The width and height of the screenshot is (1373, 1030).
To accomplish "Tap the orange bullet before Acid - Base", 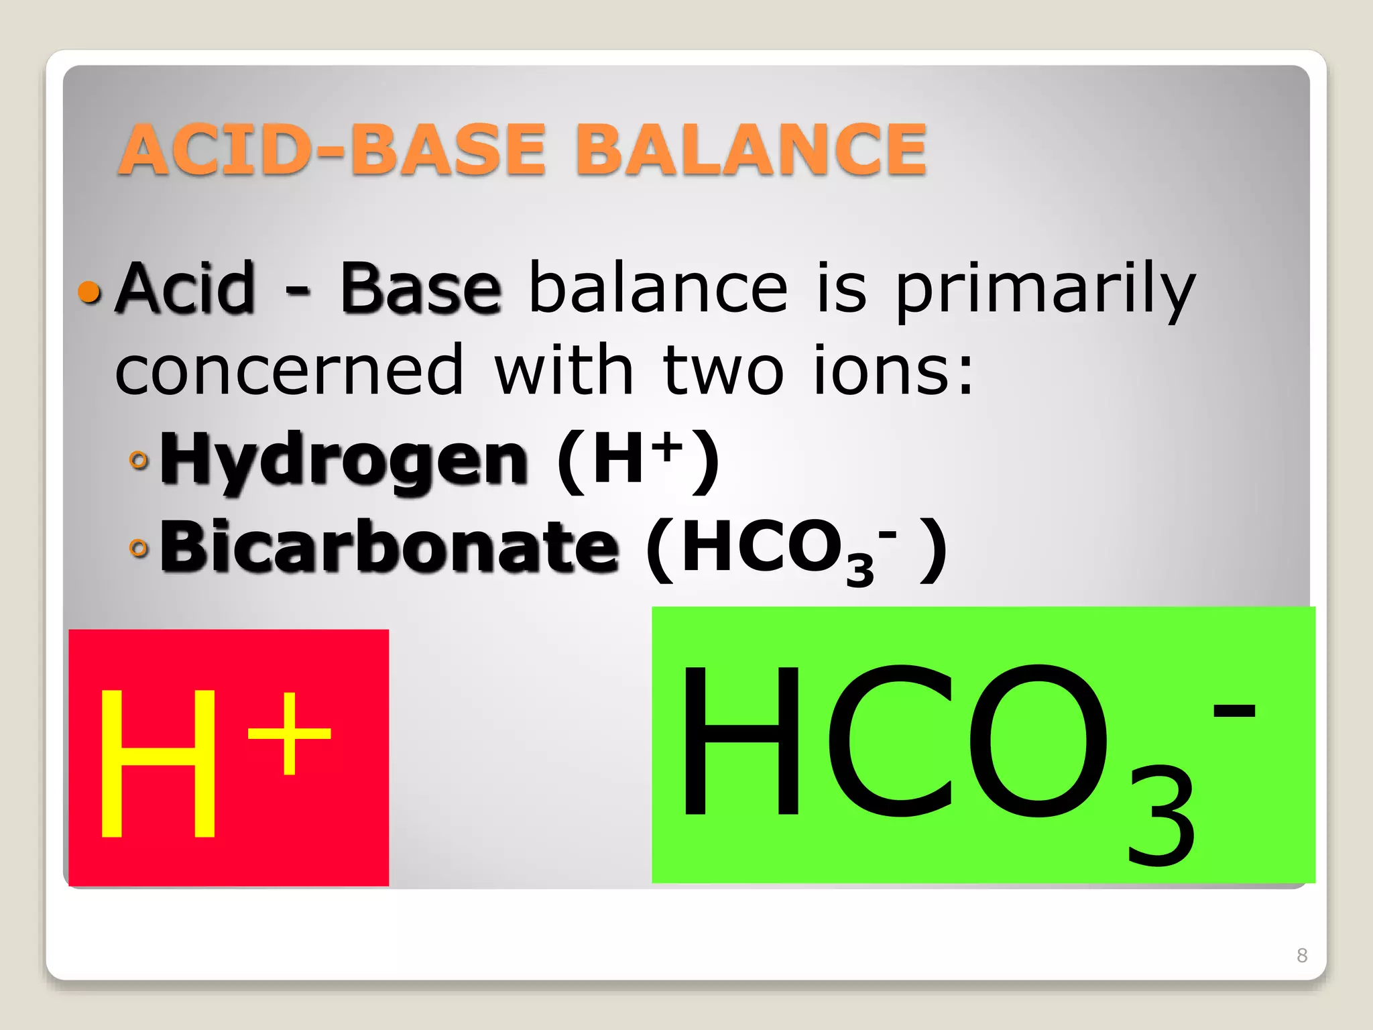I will coord(89,292).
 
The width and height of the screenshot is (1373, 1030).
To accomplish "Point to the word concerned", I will coord(289,370).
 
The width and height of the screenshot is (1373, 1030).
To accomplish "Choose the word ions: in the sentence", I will coord(892,370).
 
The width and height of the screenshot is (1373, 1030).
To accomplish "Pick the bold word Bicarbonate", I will coord(389,547).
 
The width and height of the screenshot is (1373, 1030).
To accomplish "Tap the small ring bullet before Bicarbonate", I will coord(139,549).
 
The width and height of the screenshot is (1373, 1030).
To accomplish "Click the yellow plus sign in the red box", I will coord(290,734).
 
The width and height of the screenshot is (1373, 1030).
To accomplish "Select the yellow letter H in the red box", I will coord(158,764).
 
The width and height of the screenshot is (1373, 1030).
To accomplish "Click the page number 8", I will coord(1302,955).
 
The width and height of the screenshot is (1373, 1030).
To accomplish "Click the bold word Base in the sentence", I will coord(420,290).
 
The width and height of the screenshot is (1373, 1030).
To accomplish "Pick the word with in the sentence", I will coord(563,370).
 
